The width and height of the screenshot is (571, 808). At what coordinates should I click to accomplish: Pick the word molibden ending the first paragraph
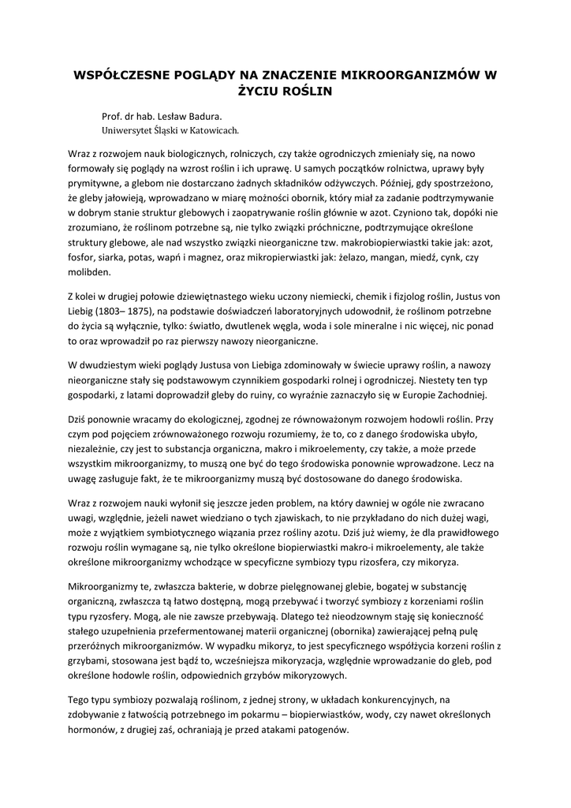[89, 272]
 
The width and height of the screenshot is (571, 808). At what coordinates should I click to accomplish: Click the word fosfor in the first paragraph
[82, 257]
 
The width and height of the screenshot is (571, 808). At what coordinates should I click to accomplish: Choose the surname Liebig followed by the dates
[82, 311]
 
